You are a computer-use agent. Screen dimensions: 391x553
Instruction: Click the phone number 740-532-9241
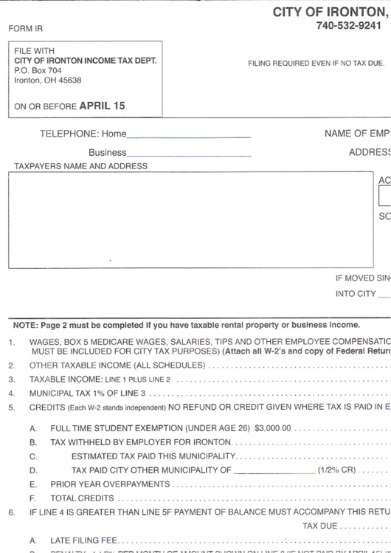click(348, 26)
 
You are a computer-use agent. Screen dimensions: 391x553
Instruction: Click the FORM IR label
click(25, 29)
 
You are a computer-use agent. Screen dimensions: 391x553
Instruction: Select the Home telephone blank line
click(188, 135)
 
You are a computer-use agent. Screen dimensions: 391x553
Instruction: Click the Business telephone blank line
click(188, 154)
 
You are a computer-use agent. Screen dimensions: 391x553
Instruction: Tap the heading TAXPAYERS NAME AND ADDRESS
click(81, 167)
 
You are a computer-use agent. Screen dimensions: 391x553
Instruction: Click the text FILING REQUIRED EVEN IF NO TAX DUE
click(316, 63)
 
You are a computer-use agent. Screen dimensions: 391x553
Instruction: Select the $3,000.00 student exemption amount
click(273, 427)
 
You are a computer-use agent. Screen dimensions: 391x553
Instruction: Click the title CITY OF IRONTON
click(329, 12)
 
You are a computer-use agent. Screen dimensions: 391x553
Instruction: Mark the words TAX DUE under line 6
click(319, 526)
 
